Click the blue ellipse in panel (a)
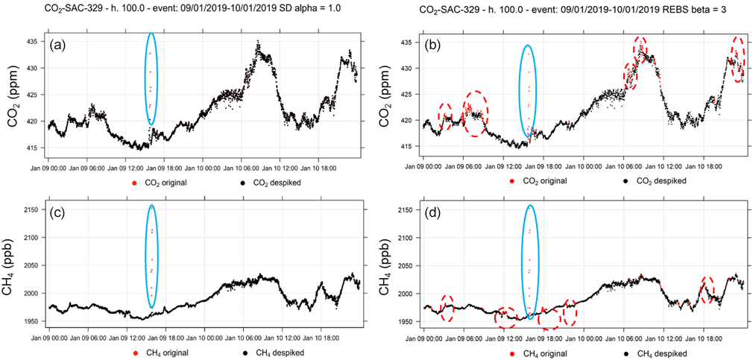[x=151, y=78]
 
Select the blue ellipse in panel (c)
[x=151, y=256]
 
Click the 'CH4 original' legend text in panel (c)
[x=161, y=353]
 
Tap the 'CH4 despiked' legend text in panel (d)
[x=656, y=353]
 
